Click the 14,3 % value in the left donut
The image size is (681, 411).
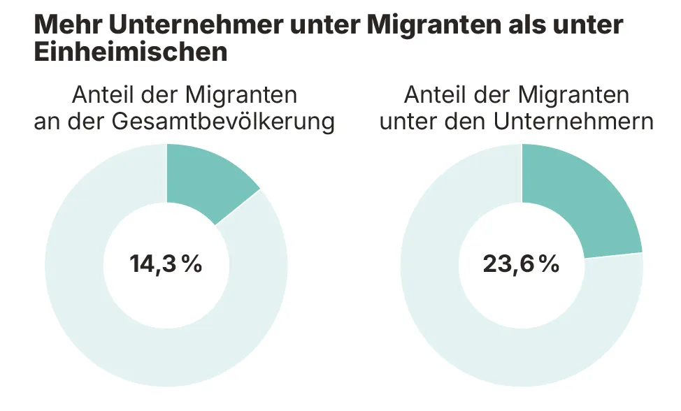pyautogui.click(x=166, y=264)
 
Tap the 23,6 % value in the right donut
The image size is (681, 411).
pyautogui.click(x=521, y=264)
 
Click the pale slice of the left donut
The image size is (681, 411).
pyautogui.click(x=105, y=329)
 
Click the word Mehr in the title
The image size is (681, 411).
pyautogui.click(x=66, y=24)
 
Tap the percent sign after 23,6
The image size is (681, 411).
pyautogui.click(x=548, y=264)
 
